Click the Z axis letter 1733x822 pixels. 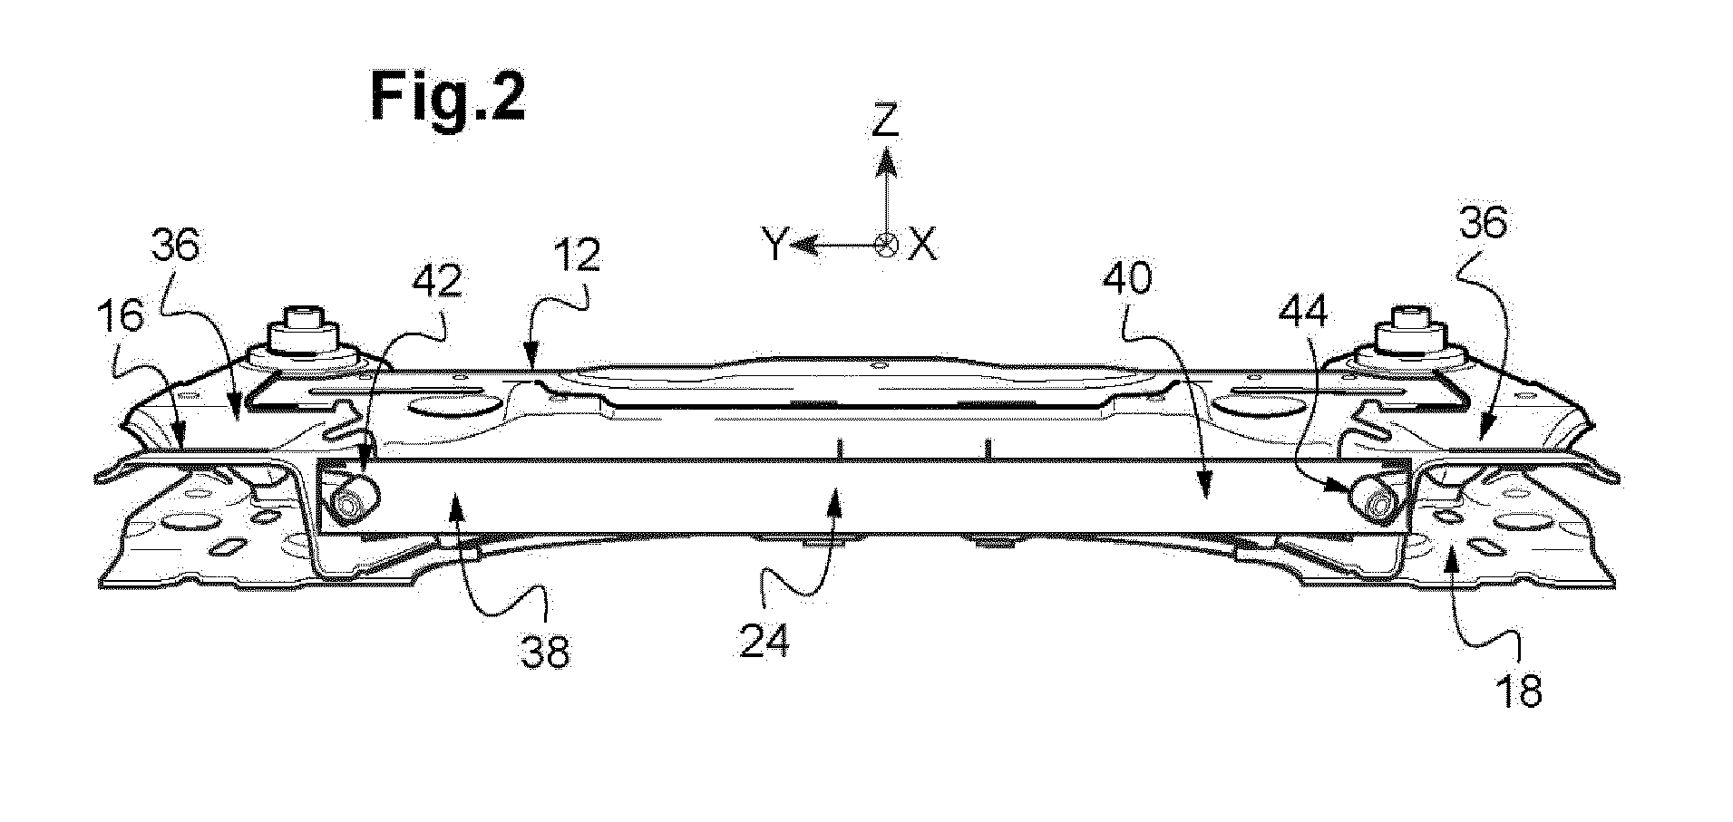pyautogui.click(x=884, y=120)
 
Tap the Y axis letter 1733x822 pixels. pyautogui.click(x=774, y=245)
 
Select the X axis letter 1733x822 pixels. pyautogui.click(x=923, y=245)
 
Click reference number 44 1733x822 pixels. pyautogui.click(x=1305, y=314)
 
